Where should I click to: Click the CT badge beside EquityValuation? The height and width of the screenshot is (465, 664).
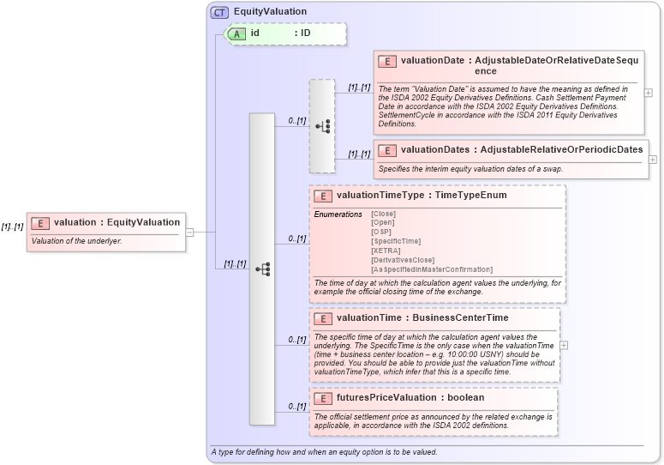coord(220,13)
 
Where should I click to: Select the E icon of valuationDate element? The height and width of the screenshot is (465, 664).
coord(387,61)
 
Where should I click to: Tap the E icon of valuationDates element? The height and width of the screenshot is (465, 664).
coord(387,149)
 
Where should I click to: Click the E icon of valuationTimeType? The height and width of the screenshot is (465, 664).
coord(323,196)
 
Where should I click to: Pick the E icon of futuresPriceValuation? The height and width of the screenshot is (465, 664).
coord(323,398)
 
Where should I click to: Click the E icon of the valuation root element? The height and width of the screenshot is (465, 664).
coord(39,223)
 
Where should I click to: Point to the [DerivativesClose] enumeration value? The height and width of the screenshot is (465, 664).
coord(402,260)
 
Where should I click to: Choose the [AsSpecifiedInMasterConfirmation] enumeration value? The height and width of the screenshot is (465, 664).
coord(431,269)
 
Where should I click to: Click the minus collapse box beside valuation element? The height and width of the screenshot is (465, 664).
coord(189,232)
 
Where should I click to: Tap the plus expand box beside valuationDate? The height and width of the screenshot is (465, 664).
coord(649,93)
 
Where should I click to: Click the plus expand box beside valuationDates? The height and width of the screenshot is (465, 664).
coord(653,159)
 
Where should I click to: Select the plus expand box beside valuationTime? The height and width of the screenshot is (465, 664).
coord(564,345)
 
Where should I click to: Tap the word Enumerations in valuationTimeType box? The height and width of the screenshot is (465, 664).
coord(338,214)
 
